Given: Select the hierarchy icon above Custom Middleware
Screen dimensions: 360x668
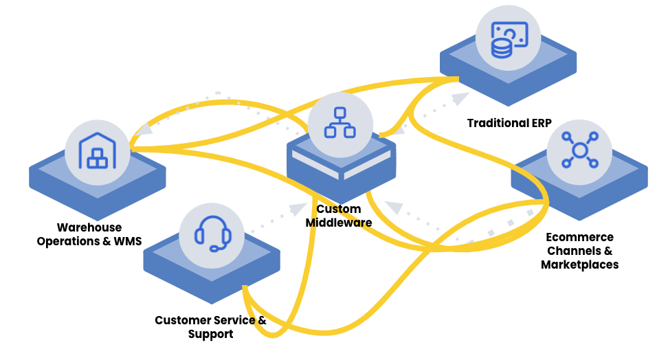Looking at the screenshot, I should click(x=339, y=123).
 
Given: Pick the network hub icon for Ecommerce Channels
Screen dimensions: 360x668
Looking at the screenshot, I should click(x=579, y=149).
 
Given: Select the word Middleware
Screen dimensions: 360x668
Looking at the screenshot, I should click(x=339, y=223).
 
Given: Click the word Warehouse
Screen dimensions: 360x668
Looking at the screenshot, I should click(x=89, y=227).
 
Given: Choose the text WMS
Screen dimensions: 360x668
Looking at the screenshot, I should click(x=126, y=241).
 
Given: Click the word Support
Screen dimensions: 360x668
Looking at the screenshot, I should click(x=211, y=334).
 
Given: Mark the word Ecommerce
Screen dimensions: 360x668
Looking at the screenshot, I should click(x=579, y=237).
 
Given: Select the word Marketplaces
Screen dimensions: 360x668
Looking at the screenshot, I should click(x=579, y=265).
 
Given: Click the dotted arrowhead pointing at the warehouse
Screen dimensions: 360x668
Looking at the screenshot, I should click(x=143, y=128).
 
